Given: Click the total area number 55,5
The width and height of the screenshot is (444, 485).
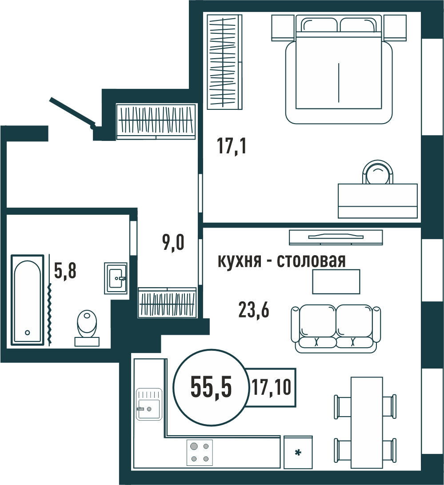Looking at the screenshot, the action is click(211, 387).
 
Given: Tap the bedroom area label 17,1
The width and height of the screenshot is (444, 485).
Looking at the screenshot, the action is click(232, 146).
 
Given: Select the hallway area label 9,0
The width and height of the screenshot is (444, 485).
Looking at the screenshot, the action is click(173, 242).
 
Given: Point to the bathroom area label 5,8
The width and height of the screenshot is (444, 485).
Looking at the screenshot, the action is click(65, 271).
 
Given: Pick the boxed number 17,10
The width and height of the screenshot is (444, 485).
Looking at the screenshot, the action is click(271, 387).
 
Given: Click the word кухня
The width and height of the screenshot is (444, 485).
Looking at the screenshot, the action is click(239, 261).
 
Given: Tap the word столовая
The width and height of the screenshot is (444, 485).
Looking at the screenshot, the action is click(311, 261).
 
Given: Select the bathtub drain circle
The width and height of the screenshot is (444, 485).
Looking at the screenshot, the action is click(28, 333).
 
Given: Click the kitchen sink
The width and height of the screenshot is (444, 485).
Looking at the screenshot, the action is click(149, 404).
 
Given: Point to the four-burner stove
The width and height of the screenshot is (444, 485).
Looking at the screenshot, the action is click(200, 453).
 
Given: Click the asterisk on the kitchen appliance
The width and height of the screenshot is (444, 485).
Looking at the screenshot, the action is click(298, 453).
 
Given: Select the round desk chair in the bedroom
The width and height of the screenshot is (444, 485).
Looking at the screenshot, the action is click(377, 172).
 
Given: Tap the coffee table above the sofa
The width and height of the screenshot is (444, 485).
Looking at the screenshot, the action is click(336, 281).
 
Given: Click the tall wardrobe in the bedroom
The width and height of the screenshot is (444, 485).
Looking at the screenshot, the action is click(224, 62).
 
